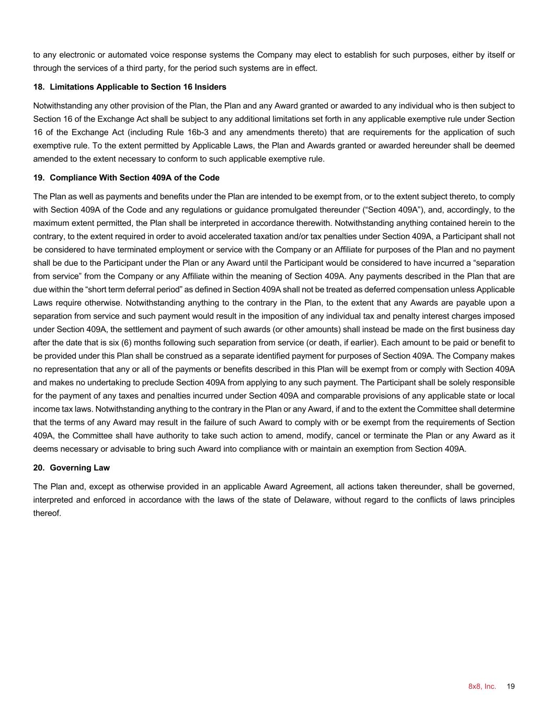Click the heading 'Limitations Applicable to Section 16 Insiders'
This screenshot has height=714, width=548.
pos(138,87)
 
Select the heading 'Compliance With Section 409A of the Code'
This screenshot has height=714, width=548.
pos(134,178)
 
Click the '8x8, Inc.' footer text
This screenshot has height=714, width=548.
pos(482,686)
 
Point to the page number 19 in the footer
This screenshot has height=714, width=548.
pos(511,686)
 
